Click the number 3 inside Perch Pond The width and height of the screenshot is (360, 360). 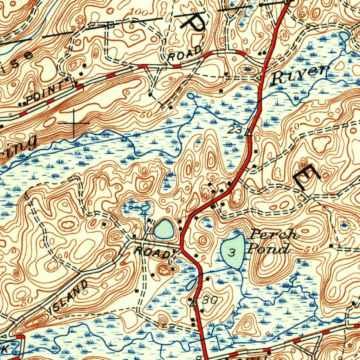point(231,252)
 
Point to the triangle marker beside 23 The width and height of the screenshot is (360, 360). point(249,132)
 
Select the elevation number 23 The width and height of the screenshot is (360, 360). point(235,130)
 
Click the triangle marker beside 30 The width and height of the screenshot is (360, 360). point(193,302)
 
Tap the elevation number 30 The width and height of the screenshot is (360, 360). point(210,300)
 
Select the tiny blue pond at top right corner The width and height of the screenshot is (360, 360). point(343,36)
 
